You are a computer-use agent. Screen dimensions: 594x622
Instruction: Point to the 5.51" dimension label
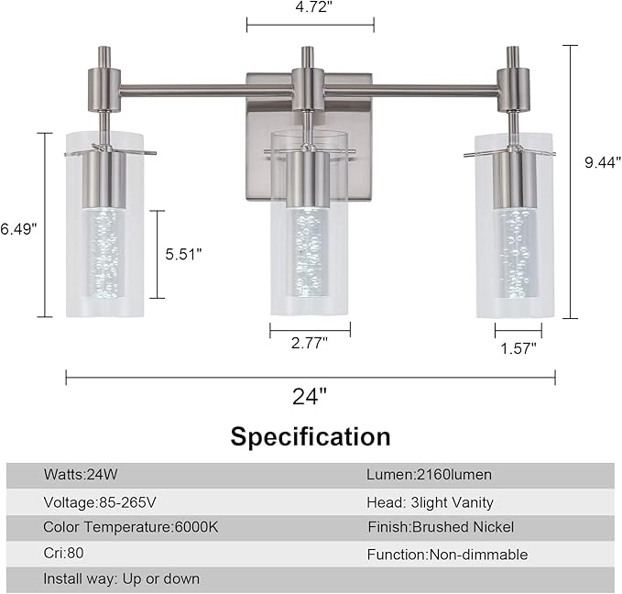tap(183, 254)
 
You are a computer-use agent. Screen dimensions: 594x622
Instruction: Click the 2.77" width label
tap(309, 342)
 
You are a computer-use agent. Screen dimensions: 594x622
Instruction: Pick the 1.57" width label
tap(518, 346)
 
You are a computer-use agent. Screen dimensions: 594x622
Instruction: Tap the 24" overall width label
tap(310, 397)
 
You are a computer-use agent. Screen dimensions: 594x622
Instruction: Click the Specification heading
tap(310, 436)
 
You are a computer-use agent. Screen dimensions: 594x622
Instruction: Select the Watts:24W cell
tap(82, 475)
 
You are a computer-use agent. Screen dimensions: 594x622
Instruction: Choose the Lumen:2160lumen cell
tap(430, 475)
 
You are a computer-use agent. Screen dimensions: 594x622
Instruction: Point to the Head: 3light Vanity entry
tap(430, 502)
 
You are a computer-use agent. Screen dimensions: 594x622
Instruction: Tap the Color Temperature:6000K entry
tap(130, 527)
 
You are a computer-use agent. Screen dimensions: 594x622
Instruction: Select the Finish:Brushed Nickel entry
tap(441, 527)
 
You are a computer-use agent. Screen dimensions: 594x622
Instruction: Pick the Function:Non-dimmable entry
tap(447, 555)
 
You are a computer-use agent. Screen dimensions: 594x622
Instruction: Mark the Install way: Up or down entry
tap(121, 579)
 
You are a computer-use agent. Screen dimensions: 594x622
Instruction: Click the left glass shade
tap(104, 229)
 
